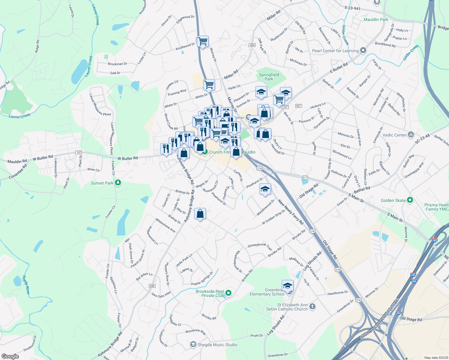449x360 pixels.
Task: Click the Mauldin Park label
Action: point(376,19)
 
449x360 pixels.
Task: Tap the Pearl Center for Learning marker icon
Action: point(363,50)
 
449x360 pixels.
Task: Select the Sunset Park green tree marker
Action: point(118,183)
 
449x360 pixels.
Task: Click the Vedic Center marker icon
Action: point(411,135)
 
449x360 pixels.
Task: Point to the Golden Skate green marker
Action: point(410,200)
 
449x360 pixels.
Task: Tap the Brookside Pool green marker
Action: point(228,293)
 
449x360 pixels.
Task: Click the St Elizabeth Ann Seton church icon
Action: point(312,306)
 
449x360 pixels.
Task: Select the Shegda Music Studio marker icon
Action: point(193,344)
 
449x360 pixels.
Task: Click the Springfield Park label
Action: point(269,77)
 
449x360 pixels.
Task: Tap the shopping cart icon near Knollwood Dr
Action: point(203,41)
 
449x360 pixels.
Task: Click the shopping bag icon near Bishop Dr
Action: point(200,214)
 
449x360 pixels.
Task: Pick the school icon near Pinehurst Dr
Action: point(265,189)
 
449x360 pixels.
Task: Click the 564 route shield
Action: point(252,45)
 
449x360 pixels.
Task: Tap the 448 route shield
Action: point(152,286)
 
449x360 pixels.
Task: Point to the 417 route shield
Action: point(305,178)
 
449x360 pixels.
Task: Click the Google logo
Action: point(10,356)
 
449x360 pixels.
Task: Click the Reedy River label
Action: point(26,285)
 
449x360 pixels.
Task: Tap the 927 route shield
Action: point(298,106)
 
